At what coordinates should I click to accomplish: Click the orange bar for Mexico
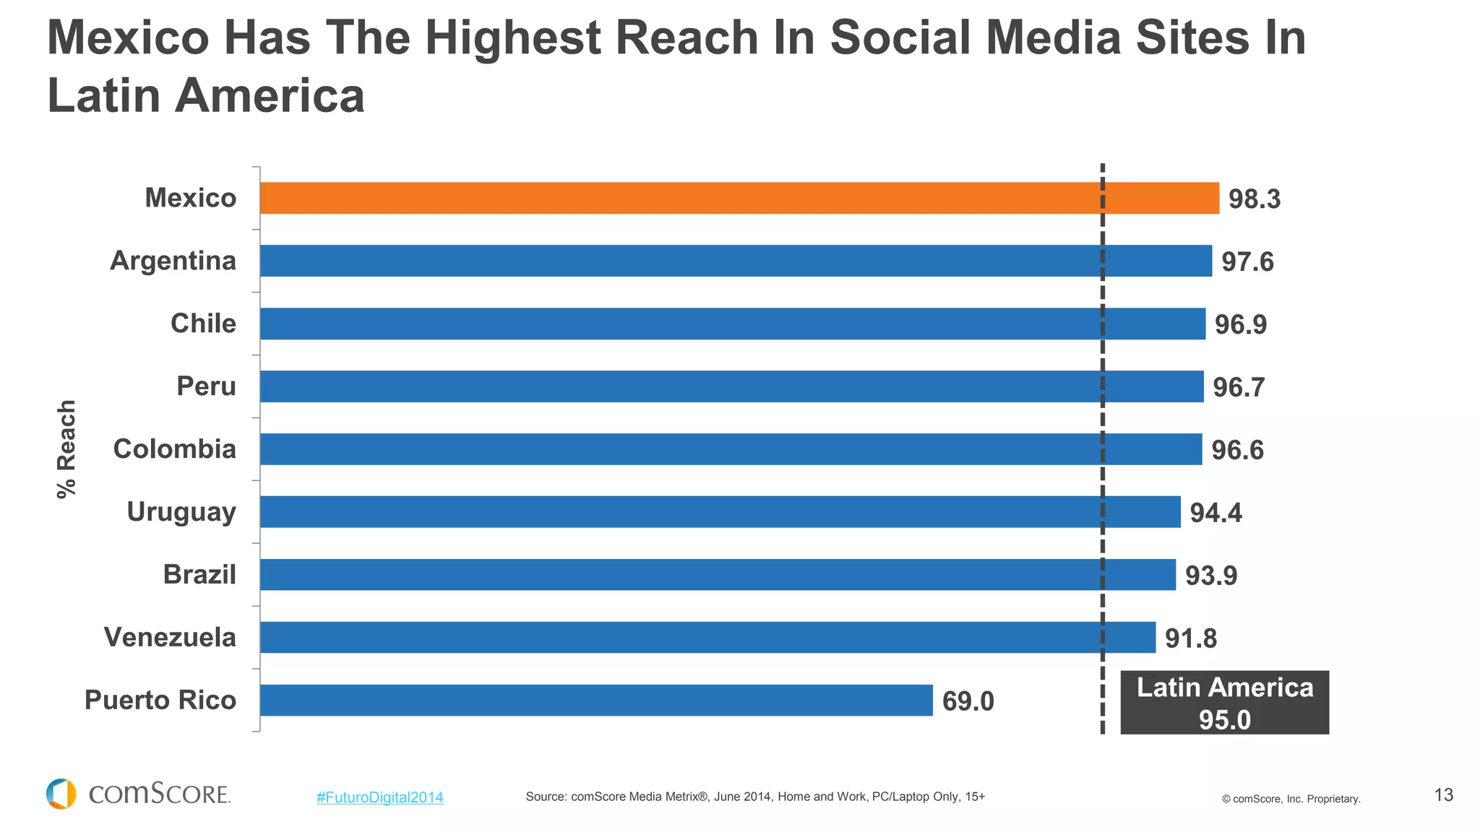tap(737, 198)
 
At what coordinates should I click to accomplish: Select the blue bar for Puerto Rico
tap(596, 700)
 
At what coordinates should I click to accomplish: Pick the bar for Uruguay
tap(720, 511)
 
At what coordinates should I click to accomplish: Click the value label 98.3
tap(1254, 199)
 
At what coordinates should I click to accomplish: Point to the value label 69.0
tap(968, 701)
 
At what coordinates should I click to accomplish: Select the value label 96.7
tap(1239, 388)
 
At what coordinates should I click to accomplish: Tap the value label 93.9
tap(1211, 576)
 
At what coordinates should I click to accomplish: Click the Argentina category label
tap(173, 261)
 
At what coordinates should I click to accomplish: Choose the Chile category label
tap(203, 324)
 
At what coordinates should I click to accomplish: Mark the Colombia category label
tap(174, 449)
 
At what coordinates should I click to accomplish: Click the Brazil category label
tap(199, 575)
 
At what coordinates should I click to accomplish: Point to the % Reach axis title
tap(66, 448)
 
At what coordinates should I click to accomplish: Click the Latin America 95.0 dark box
tap(1224, 703)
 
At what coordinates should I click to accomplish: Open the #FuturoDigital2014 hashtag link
tap(379, 797)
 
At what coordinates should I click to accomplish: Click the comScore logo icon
tap(61, 794)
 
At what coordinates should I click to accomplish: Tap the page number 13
tap(1443, 795)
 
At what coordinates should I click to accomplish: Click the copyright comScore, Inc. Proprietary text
tap(1291, 799)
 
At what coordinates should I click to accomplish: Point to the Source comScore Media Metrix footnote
tap(754, 797)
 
